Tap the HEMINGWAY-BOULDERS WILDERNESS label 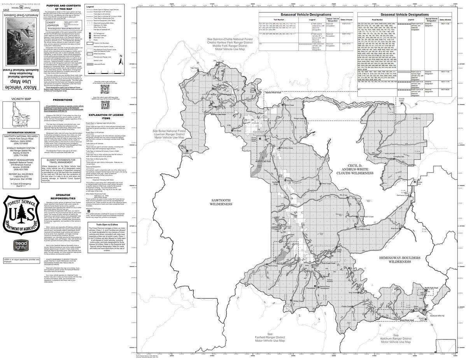pyautogui.click(x=396, y=259)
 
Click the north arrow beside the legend pyautogui.click(x=121, y=56)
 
